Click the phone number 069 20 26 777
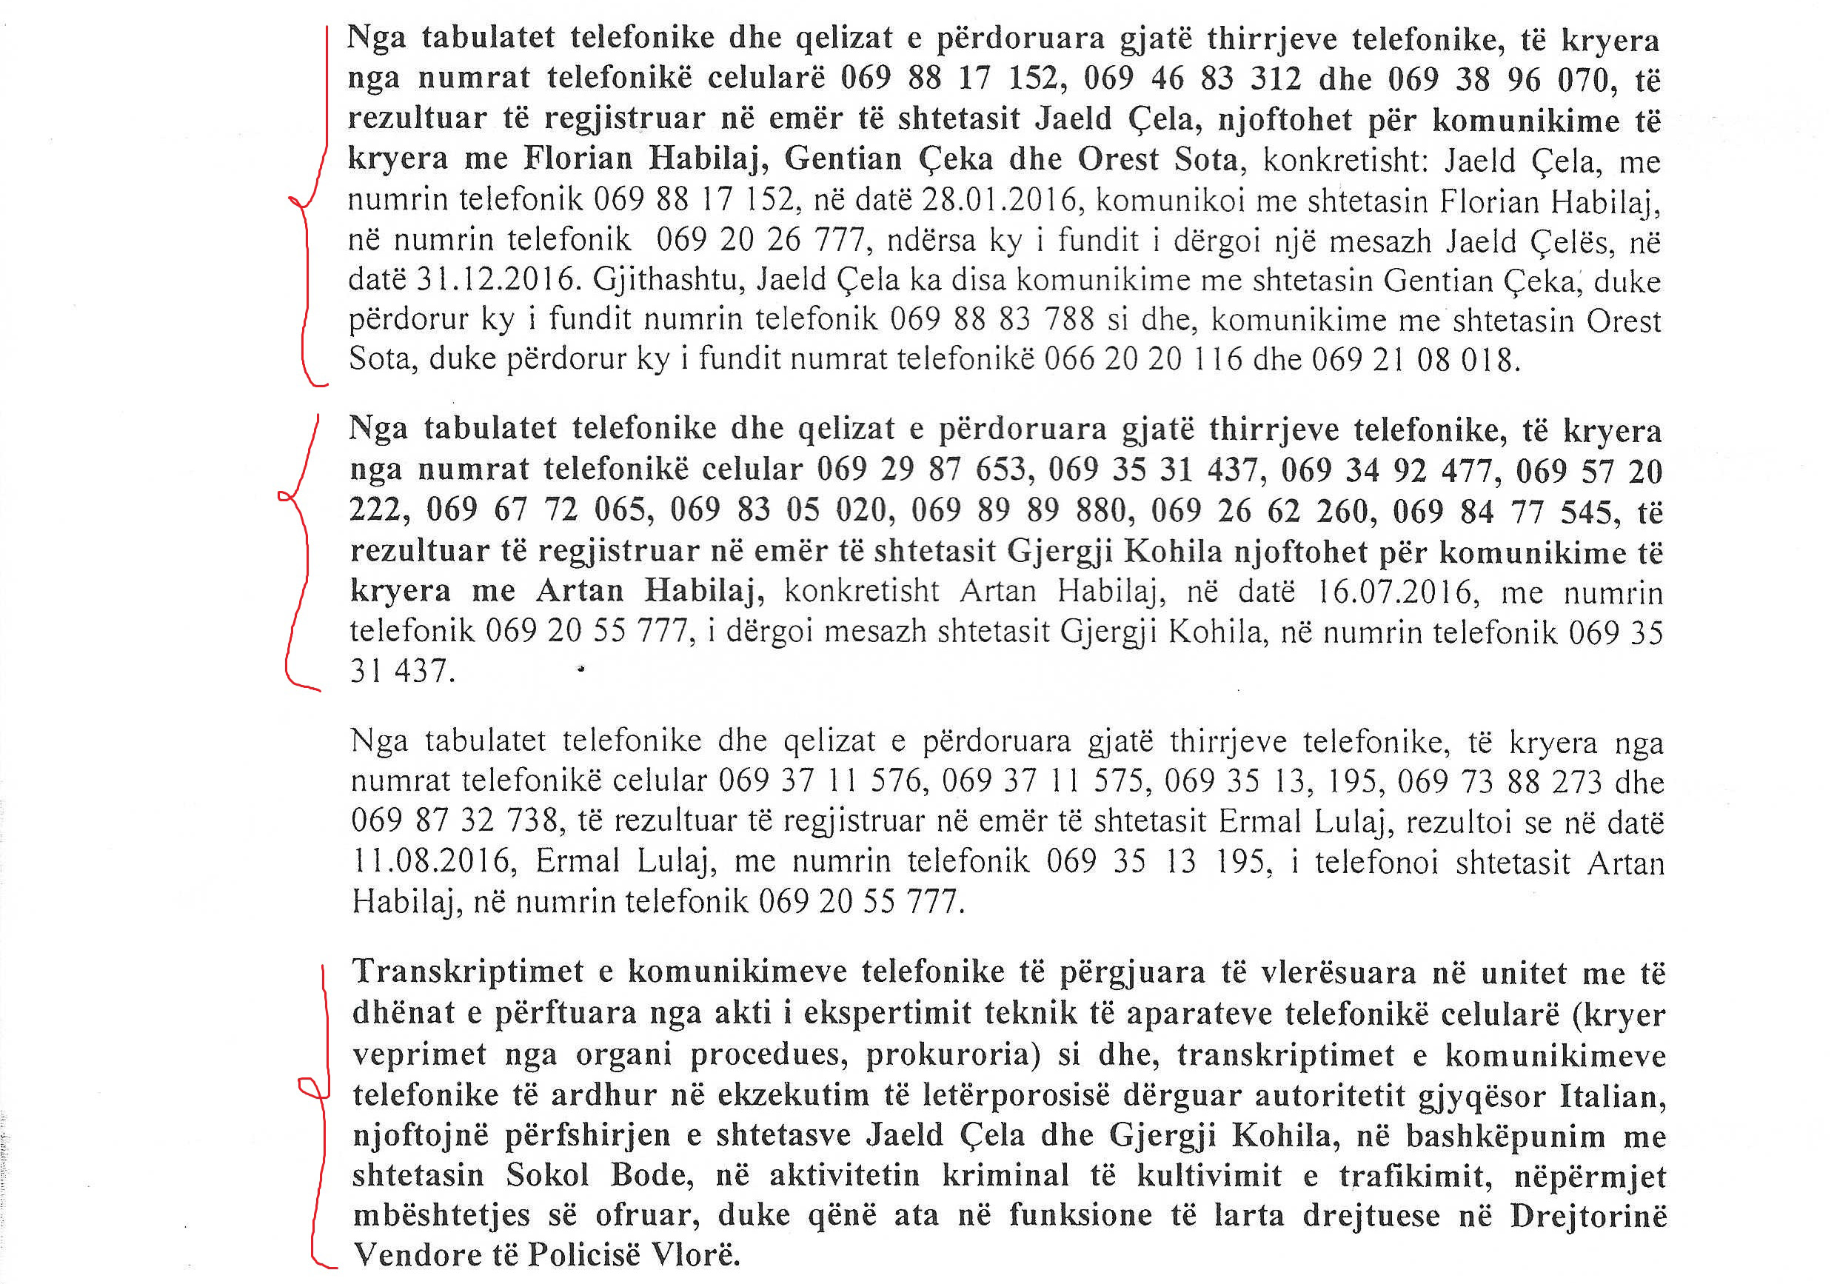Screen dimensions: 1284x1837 pos(761,240)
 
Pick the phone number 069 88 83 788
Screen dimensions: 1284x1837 pos(991,319)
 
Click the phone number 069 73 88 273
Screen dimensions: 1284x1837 pos(1499,782)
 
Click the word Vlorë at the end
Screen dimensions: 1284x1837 pos(693,1254)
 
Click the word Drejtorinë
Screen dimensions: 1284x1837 pos(1588,1215)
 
